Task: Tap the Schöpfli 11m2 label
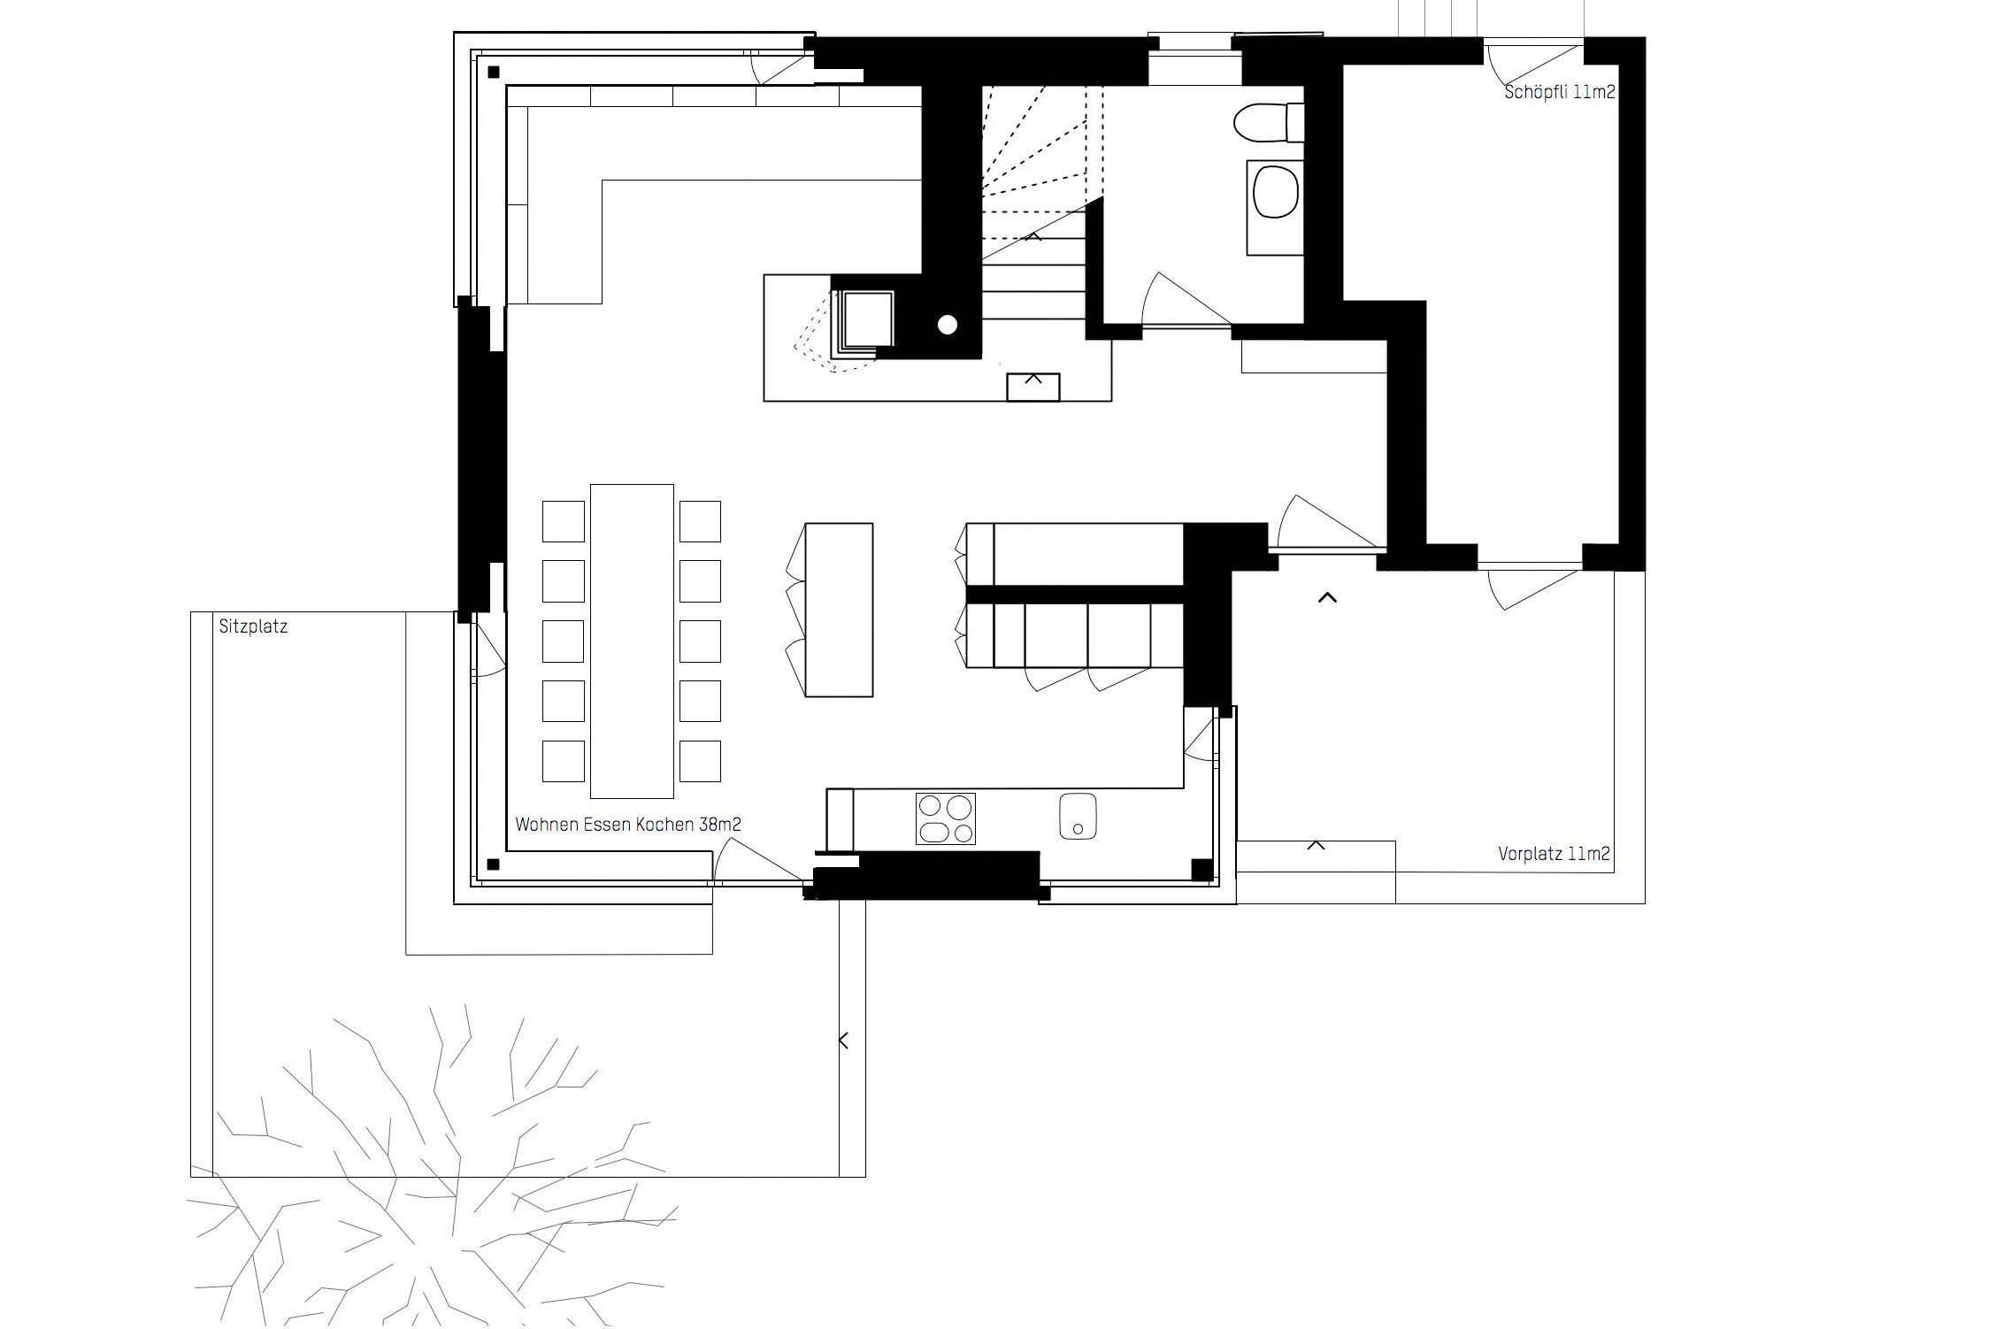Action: [1560, 92]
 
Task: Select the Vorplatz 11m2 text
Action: [1554, 854]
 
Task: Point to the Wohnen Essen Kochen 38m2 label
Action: [628, 825]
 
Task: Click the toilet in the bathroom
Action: [1267, 122]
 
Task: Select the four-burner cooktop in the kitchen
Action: [946, 818]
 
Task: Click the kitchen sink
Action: [1078, 816]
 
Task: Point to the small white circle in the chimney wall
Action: [948, 325]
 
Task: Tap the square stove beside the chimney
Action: [868, 320]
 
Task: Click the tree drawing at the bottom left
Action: [434, 1168]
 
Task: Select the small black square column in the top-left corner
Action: [494, 73]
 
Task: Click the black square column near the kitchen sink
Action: [1202, 870]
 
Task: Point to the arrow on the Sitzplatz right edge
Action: [843, 1041]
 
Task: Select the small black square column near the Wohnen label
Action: [494, 864]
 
